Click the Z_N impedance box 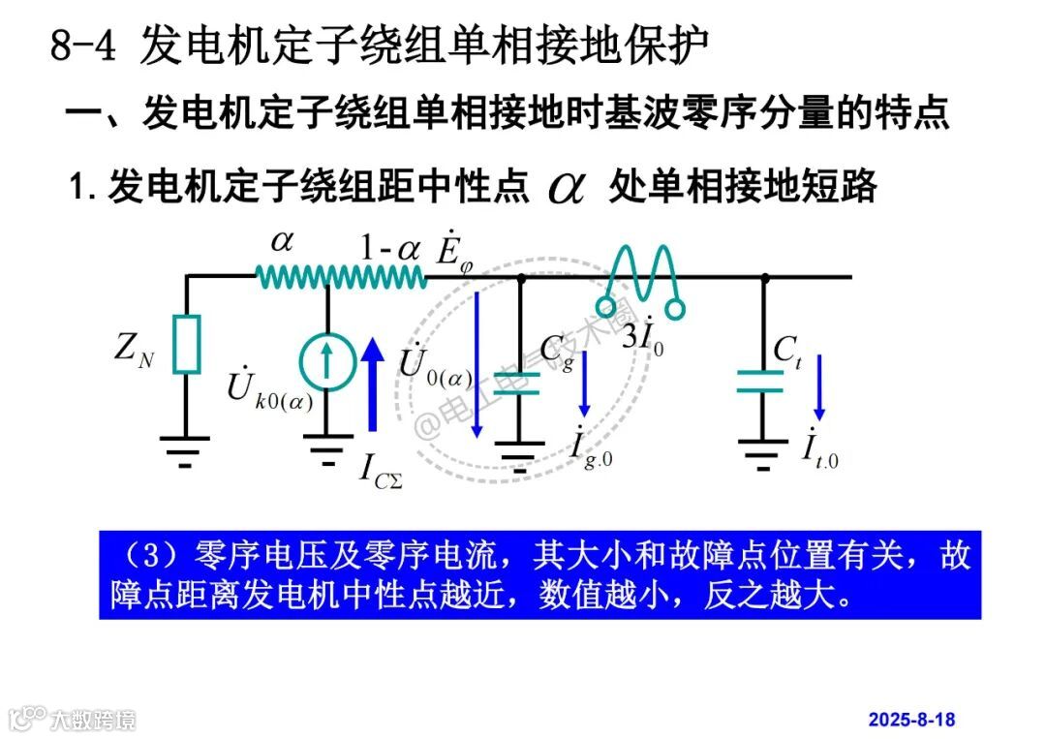point(187,344)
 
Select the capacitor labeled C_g point(520,380)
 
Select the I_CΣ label point(381,471)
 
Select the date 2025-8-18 point(911,720)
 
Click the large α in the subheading point(567,187)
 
